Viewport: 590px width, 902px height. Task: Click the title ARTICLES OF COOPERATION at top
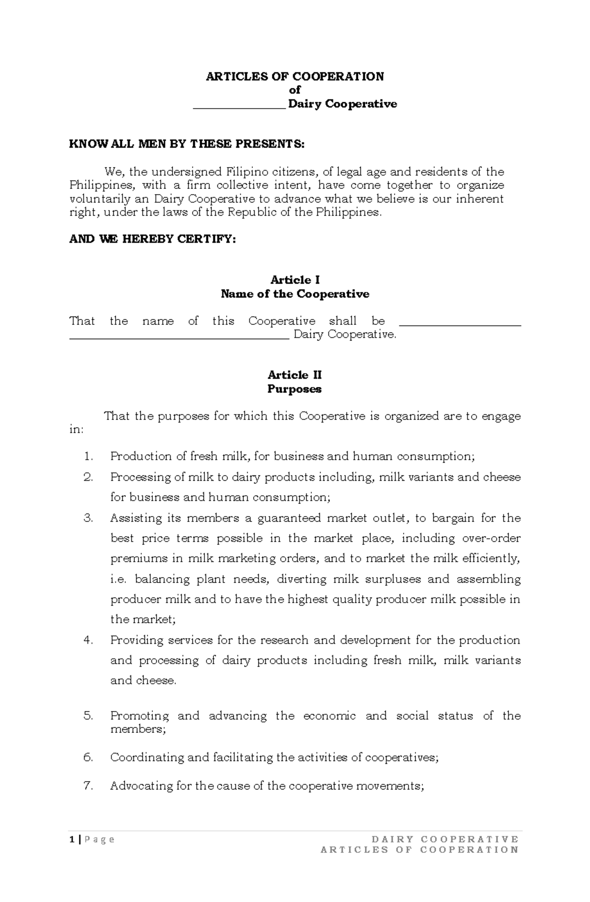click(x=295, y=76)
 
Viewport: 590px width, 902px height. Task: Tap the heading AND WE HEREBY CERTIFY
click(x=152, y=239)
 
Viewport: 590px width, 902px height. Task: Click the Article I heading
click(x=295, y=280)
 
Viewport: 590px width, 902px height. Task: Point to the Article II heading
click(x=295, y=375)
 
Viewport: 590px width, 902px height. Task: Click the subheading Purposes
click(x=295, y=389)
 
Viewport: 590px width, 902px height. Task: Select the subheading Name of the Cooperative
click(x=295, y=294)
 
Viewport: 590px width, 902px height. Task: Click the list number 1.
click(x=88, y=457)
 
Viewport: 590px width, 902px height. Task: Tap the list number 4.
click(x=88, y=640)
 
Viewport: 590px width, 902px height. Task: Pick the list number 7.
click(x=88, y=786)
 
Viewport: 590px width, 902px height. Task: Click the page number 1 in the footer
click(x=72, y=839)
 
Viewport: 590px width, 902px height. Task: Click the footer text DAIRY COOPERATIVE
click(x=445, y=839)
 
